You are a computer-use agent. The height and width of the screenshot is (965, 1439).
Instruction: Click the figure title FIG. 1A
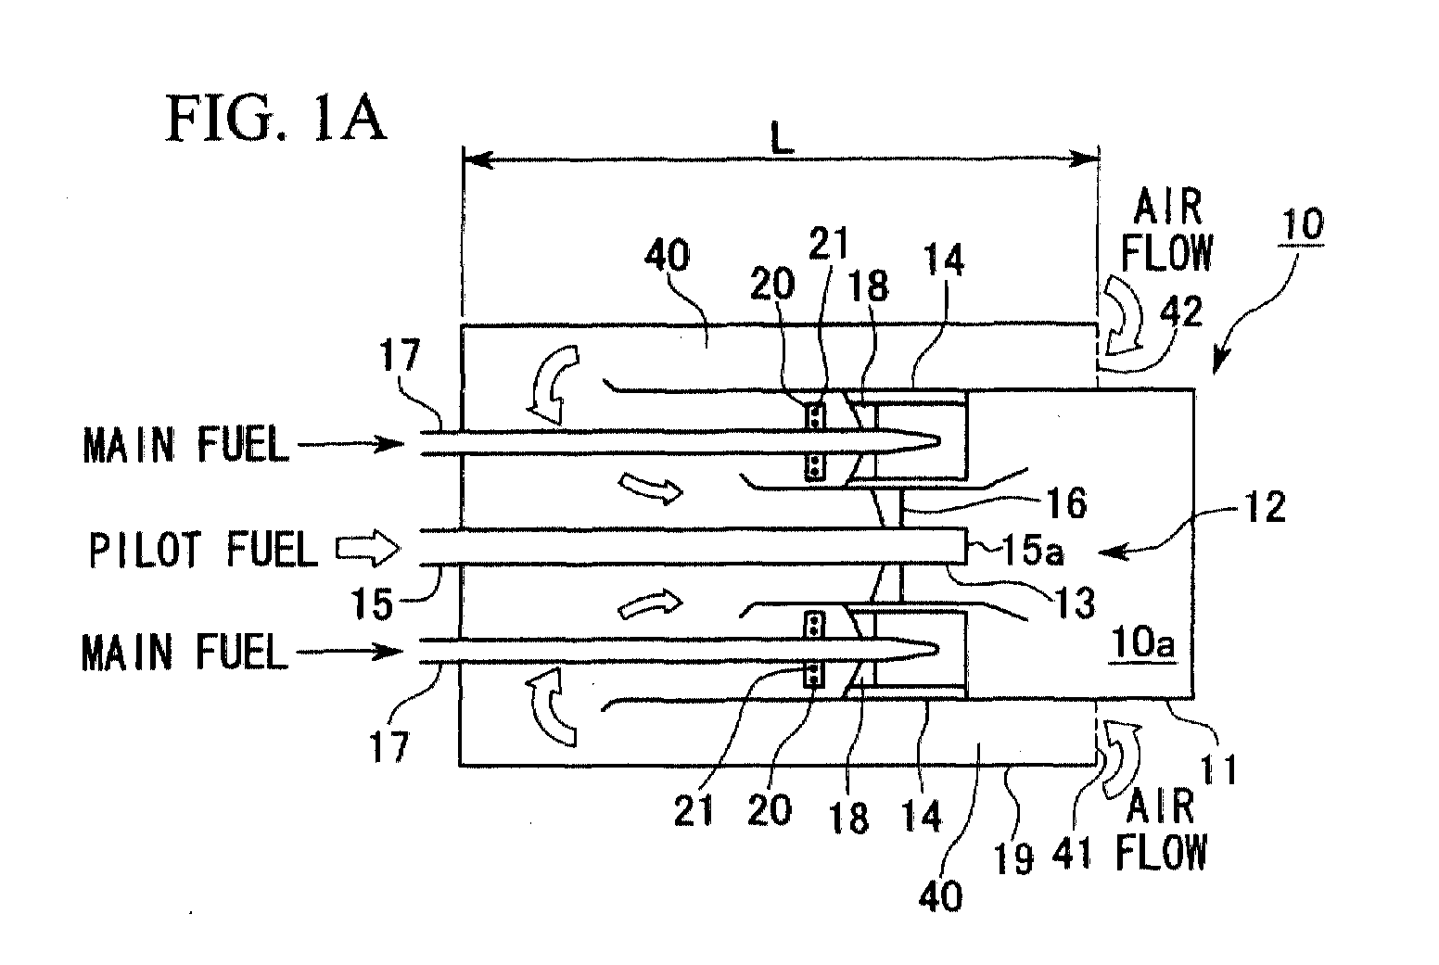pos(276,119)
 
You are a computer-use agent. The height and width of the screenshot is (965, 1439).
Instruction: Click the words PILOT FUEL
pos(204,550)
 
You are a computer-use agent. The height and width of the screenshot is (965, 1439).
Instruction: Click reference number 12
pos(1265,507)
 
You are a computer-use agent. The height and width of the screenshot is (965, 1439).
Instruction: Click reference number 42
pos(1180,312)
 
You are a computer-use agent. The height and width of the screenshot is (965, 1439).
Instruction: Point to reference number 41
pos(1072,854)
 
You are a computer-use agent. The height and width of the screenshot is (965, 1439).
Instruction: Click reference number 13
pos(1075,603)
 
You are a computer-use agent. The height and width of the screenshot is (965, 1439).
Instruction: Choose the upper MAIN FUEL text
pos(186,445)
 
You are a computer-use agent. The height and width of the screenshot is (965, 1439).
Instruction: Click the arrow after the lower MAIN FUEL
pos(350,652)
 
